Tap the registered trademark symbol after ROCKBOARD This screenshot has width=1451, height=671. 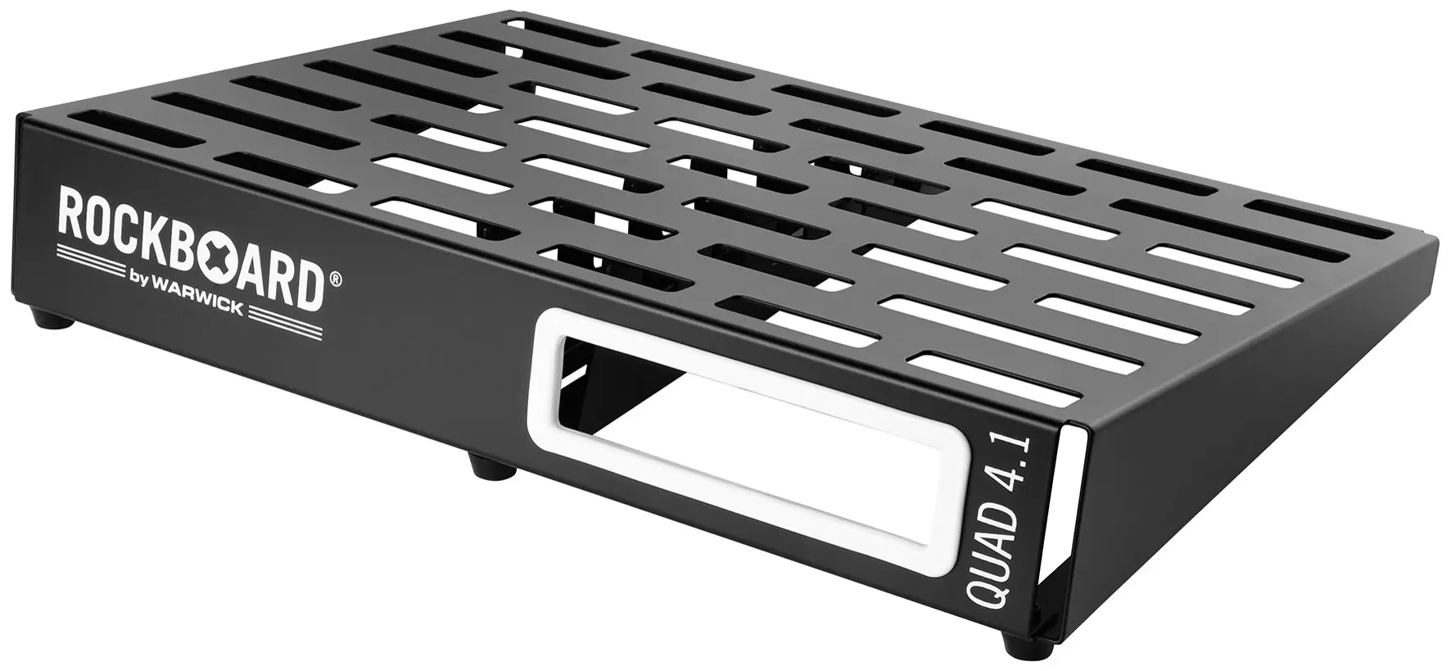[336, 280]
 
